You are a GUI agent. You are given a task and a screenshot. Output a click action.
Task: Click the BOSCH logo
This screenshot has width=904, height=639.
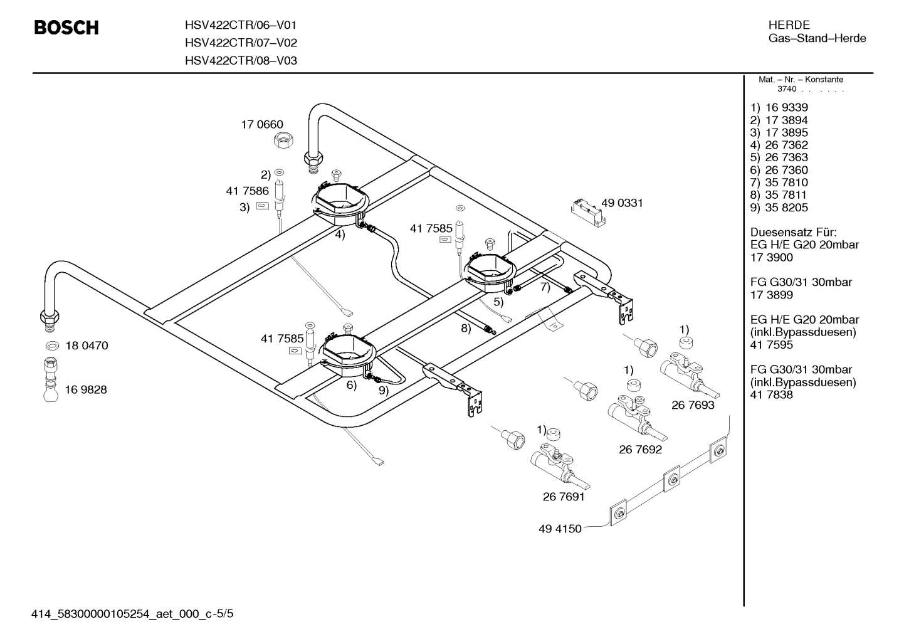pyautogui.click(x=66, y=28)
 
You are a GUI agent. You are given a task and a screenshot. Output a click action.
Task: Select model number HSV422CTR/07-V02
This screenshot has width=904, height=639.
pyautogui.click(x=241, y=43)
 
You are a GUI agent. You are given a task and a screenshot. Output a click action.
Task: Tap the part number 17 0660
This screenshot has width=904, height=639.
pyautogui.click(x=262, y=124)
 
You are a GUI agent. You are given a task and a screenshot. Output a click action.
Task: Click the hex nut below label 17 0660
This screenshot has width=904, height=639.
pyautogui.click(x=283, y=141)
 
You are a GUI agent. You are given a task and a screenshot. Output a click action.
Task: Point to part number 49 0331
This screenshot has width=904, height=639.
pyautogui.click(x=622, y=203)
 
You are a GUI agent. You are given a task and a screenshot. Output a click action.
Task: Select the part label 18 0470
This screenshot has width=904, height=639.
pyautogui.click(x=87, y=346)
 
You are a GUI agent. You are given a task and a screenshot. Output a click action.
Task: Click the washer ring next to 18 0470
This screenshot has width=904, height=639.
pyautogui.click(x=52, y=346)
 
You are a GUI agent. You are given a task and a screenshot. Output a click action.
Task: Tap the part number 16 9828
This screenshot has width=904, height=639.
pyautogui.click(x=86, y=389)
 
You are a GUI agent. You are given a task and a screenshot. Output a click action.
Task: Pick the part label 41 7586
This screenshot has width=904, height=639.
pyautogui.click(x=247, y=191)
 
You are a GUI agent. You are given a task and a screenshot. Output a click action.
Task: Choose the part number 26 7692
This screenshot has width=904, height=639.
pyautogui.click(x=641, y=449)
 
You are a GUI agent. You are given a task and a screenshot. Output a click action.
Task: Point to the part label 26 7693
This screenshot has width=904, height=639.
pyautogui.click(x=693, y=405)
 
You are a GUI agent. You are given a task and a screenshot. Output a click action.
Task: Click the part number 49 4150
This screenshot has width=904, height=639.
pyautogui.click(x=560, y=529)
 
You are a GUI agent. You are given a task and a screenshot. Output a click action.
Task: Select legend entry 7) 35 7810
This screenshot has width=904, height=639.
pyautogui.click(x=779, y=182)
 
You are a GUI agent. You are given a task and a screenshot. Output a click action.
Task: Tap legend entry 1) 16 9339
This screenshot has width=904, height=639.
pyautogui.click(x=779, y=107)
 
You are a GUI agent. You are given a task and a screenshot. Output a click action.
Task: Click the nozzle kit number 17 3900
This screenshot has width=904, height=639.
pyautogui.click(x=772, y=257)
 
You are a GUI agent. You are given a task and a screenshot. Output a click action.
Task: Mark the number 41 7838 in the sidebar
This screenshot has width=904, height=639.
pyautogui.click(x=772, y=394)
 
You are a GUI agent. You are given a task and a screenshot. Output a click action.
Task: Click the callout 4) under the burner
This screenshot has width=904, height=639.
pyautogui.click(x=340, y=235)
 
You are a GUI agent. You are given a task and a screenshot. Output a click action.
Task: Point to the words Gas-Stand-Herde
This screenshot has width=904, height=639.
pyautogui.click(x=817, y=38)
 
